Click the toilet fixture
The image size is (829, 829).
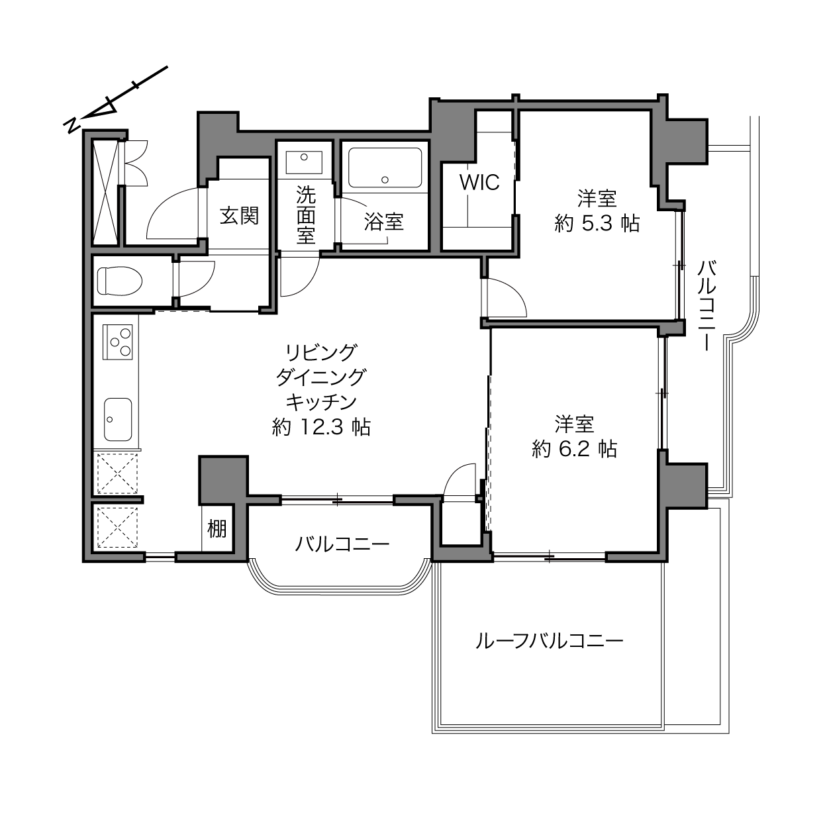click(119, 281)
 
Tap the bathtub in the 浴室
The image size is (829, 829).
click(385, 168)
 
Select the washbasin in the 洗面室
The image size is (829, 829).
click(305, 162)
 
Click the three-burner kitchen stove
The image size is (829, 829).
click(117, 342)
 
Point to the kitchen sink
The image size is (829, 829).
click(118, 419)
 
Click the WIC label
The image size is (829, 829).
click(479, 182)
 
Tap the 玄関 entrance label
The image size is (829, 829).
click(239, 216)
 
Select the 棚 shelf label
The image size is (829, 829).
click(217, 528)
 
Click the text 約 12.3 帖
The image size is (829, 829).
click(321, 427)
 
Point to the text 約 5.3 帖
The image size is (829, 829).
click(597, 223)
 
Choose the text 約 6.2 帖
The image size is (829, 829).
click(574, 449)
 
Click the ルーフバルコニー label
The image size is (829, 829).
click(550, 642)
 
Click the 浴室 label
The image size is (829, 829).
click(384, 222)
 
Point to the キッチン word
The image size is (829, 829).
click(321, 402)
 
